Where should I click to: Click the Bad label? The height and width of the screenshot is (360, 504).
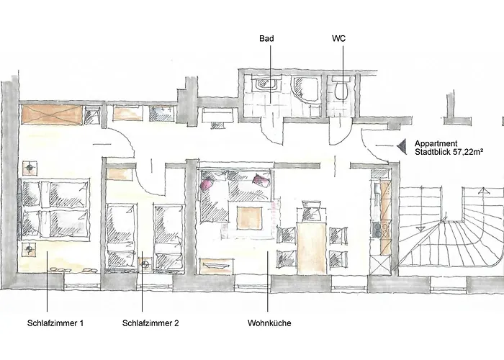coord(266,39)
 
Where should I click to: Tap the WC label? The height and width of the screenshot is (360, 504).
coord(339,39)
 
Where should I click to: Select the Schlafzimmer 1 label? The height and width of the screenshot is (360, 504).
coord(55,323)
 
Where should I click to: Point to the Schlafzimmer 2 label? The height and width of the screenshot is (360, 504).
coord(150,323)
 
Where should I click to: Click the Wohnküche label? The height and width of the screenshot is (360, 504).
coord(269,323)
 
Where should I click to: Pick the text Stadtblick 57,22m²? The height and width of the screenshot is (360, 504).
coord(449,152)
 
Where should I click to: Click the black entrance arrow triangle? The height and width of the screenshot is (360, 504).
coord(402,146)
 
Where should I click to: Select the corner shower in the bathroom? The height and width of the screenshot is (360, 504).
coord(305,88)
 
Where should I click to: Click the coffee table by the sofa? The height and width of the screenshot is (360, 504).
coord(249,218)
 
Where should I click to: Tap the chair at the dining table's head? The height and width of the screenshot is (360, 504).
coord(312,210)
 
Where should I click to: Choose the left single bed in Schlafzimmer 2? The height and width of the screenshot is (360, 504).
coord(121,236)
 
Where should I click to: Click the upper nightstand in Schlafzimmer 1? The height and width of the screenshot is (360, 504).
coord(30,168)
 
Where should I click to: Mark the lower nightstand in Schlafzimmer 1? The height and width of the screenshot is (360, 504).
coord(30,249)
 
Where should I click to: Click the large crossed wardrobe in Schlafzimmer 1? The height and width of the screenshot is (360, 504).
coord(52,114)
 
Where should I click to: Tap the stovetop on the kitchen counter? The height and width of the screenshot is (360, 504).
coord(376,229)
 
